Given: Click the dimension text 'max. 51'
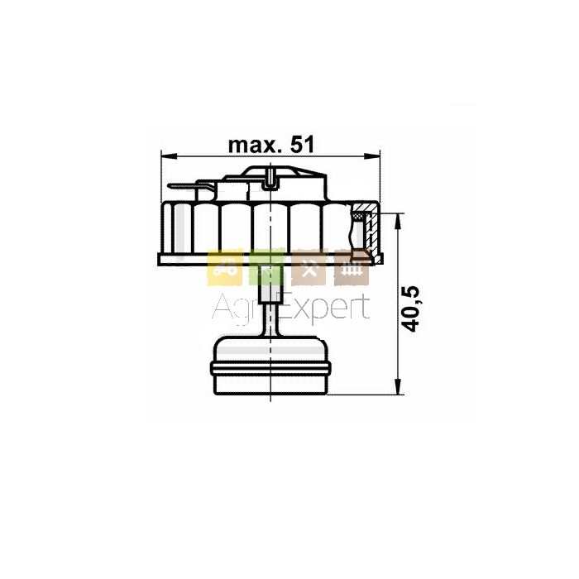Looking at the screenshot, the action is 271,145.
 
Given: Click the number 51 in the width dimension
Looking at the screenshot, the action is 302,145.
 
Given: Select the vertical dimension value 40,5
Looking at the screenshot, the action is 410,309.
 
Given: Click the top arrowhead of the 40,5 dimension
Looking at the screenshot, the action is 398,221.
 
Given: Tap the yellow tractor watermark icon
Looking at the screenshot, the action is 224,269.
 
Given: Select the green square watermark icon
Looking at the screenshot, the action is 266,269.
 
